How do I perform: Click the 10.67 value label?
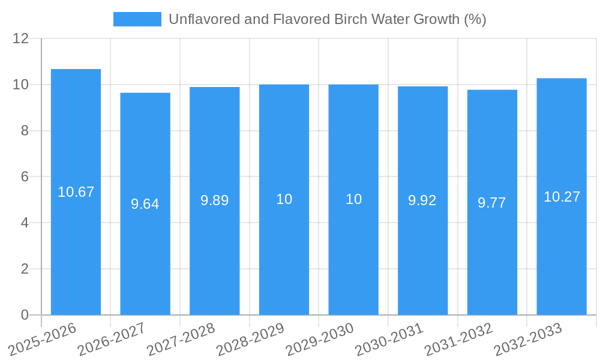point(76,192)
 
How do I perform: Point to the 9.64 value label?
point(145,204)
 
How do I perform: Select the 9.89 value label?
point(215,200)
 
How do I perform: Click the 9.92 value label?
point(422,200)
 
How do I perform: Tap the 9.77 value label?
point(492,203)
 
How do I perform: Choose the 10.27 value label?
point(562,197)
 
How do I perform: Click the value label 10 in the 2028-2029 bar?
point(284,199)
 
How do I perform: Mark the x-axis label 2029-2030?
point(319,340)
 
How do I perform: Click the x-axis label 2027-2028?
point(181,340)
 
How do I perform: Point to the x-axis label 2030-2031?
point(389,340)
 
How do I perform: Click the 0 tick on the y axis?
point(25,315)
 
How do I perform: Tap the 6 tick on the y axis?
point(25,177)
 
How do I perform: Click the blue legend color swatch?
point(137,19)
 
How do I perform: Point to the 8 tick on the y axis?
point(25,131)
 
